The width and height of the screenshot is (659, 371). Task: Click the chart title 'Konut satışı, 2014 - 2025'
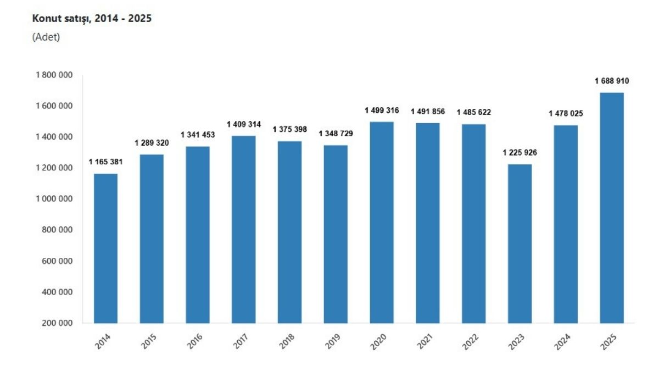[x=92, y=19]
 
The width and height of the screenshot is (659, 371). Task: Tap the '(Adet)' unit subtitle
[x=46, y=37]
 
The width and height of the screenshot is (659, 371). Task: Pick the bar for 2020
[x=382, y=222]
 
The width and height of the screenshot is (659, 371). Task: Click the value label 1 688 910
[x=612, y=81]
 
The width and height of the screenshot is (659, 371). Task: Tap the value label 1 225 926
[x=520, y=152]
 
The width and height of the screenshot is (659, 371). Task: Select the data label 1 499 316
[x=382, y=110]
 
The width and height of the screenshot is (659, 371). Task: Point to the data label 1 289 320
[x=152, y=143]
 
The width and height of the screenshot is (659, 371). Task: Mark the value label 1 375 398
[x=289, y=129]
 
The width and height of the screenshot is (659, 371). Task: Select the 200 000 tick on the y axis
[x=57, y=323]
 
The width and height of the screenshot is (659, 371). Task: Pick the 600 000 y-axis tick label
[x=57, y=261]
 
